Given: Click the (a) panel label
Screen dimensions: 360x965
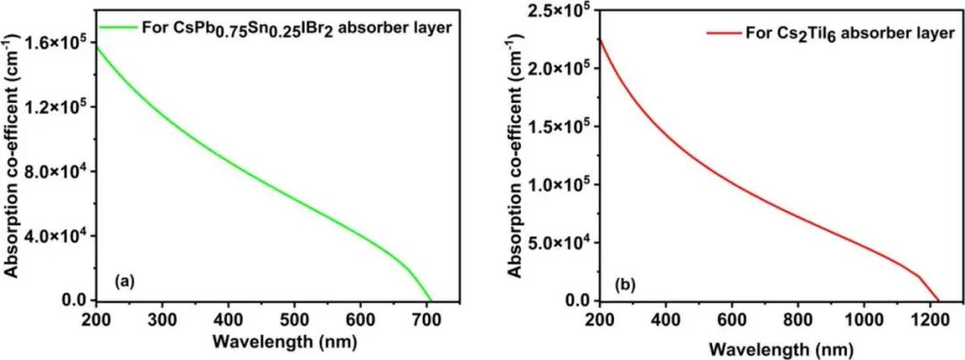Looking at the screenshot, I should [x=124, y=281].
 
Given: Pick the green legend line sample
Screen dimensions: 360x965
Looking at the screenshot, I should [x=118, y=27].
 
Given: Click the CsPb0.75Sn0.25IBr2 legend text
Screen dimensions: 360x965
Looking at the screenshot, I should [x=296, y=28].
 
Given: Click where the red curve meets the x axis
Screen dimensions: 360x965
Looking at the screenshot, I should [x=939, y=300].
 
